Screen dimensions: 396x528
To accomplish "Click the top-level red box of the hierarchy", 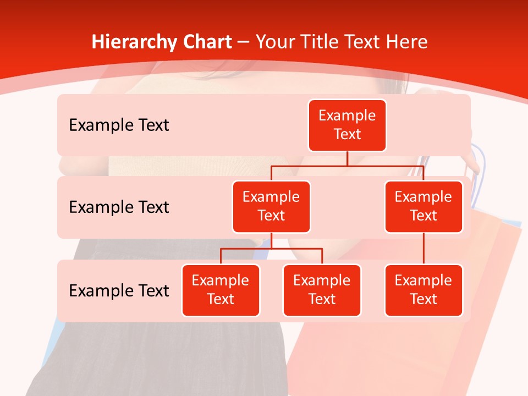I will point(347,125).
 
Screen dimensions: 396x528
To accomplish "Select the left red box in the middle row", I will point(271,206).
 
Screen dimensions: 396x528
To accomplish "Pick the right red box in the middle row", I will point(424,206).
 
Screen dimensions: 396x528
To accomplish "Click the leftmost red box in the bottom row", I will point(221,290).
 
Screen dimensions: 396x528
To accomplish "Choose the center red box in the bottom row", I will point(322,290).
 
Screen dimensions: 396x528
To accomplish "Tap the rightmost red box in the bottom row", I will point(424,290).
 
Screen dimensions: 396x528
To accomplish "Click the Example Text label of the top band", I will point(119,125).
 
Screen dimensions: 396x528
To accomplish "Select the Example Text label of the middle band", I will point(119,207).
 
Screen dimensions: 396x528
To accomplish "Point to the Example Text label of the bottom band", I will point(119,290).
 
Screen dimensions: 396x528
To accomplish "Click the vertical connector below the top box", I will point(347,158).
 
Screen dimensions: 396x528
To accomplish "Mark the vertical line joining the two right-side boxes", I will point(424,249).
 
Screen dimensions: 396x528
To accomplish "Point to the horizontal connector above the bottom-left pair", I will point(271,249).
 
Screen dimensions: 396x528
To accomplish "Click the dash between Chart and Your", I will point(244,42).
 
